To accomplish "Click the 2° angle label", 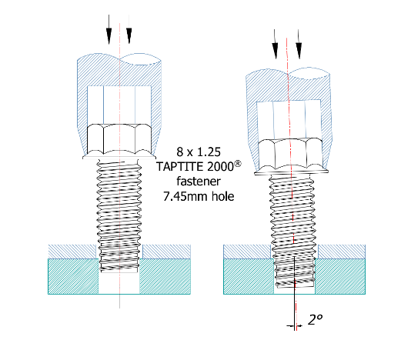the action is [x=315, y=320].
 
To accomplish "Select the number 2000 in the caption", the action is [x=220, y=166].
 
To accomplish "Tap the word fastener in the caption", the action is [x=199, y=181].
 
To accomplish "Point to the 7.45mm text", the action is [x=185, y=196].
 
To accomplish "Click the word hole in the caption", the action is [x=222, y=196].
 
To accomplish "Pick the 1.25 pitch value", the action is [x=209, y=152].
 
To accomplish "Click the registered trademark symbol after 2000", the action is [x=237, y=164].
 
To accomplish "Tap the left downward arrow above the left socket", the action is [x=109, y=29].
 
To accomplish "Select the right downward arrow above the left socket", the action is [x=129, y=29].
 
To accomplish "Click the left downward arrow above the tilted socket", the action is [x=275, y=44].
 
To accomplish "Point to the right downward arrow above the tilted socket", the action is [x=299, y=44].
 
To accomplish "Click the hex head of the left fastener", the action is [x=119, y=139].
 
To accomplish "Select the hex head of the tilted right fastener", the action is [x=290, y=154].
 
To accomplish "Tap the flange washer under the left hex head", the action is [x=119, y=157].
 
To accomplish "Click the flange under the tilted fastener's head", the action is [x=291, y=172].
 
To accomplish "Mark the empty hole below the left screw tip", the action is [x=119, y=283].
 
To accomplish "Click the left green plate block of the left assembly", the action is [x=73, y=276].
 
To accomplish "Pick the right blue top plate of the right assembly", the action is [x=342, y=252].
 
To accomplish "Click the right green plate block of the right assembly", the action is [x=340, y=276].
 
